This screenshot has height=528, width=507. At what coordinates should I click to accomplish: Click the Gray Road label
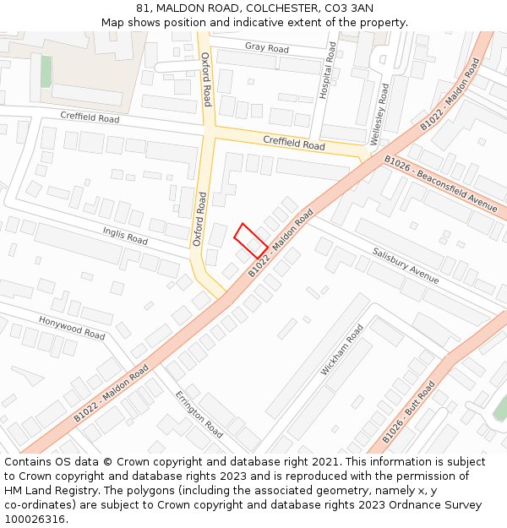[x=267, y=48]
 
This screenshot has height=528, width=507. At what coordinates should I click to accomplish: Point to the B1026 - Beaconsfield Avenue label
[x=440, y=182]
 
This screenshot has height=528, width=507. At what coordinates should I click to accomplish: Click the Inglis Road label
[x=125, y=235]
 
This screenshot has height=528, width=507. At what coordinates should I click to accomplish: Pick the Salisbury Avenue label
[x=406, y=265]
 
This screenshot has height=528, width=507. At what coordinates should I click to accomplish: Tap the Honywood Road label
[x=72, y=328]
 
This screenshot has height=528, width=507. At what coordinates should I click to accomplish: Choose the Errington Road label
[x=199, y=415]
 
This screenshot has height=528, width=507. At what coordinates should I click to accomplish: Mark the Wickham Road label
[x=341, y=350]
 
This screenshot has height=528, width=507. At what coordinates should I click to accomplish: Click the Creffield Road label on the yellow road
[x=294, y=145]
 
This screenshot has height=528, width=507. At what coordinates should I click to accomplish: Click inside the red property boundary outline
[x=251, y=241]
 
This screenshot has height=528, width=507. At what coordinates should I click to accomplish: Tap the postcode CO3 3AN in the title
[x=347, y=8]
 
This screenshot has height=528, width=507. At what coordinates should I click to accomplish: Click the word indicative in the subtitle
[x=252, y=22]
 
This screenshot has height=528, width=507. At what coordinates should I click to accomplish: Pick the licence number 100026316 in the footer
[x=35, y=519]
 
